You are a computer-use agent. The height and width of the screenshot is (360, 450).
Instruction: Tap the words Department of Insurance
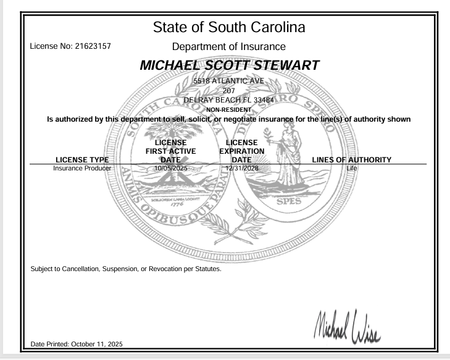tap(228, 46)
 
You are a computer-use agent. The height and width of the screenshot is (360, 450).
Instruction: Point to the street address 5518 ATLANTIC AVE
tap(228, 82)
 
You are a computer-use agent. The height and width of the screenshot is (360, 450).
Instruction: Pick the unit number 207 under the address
tap(228, 90)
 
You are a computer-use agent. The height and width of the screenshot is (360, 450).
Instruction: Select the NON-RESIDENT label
tap(228, 107)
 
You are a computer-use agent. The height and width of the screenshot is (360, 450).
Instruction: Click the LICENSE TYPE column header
tap(82, 161)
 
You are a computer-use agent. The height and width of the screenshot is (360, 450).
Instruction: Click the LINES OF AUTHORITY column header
tap(352, 161)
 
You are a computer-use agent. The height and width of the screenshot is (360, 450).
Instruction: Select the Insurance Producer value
tap(82, 168)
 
